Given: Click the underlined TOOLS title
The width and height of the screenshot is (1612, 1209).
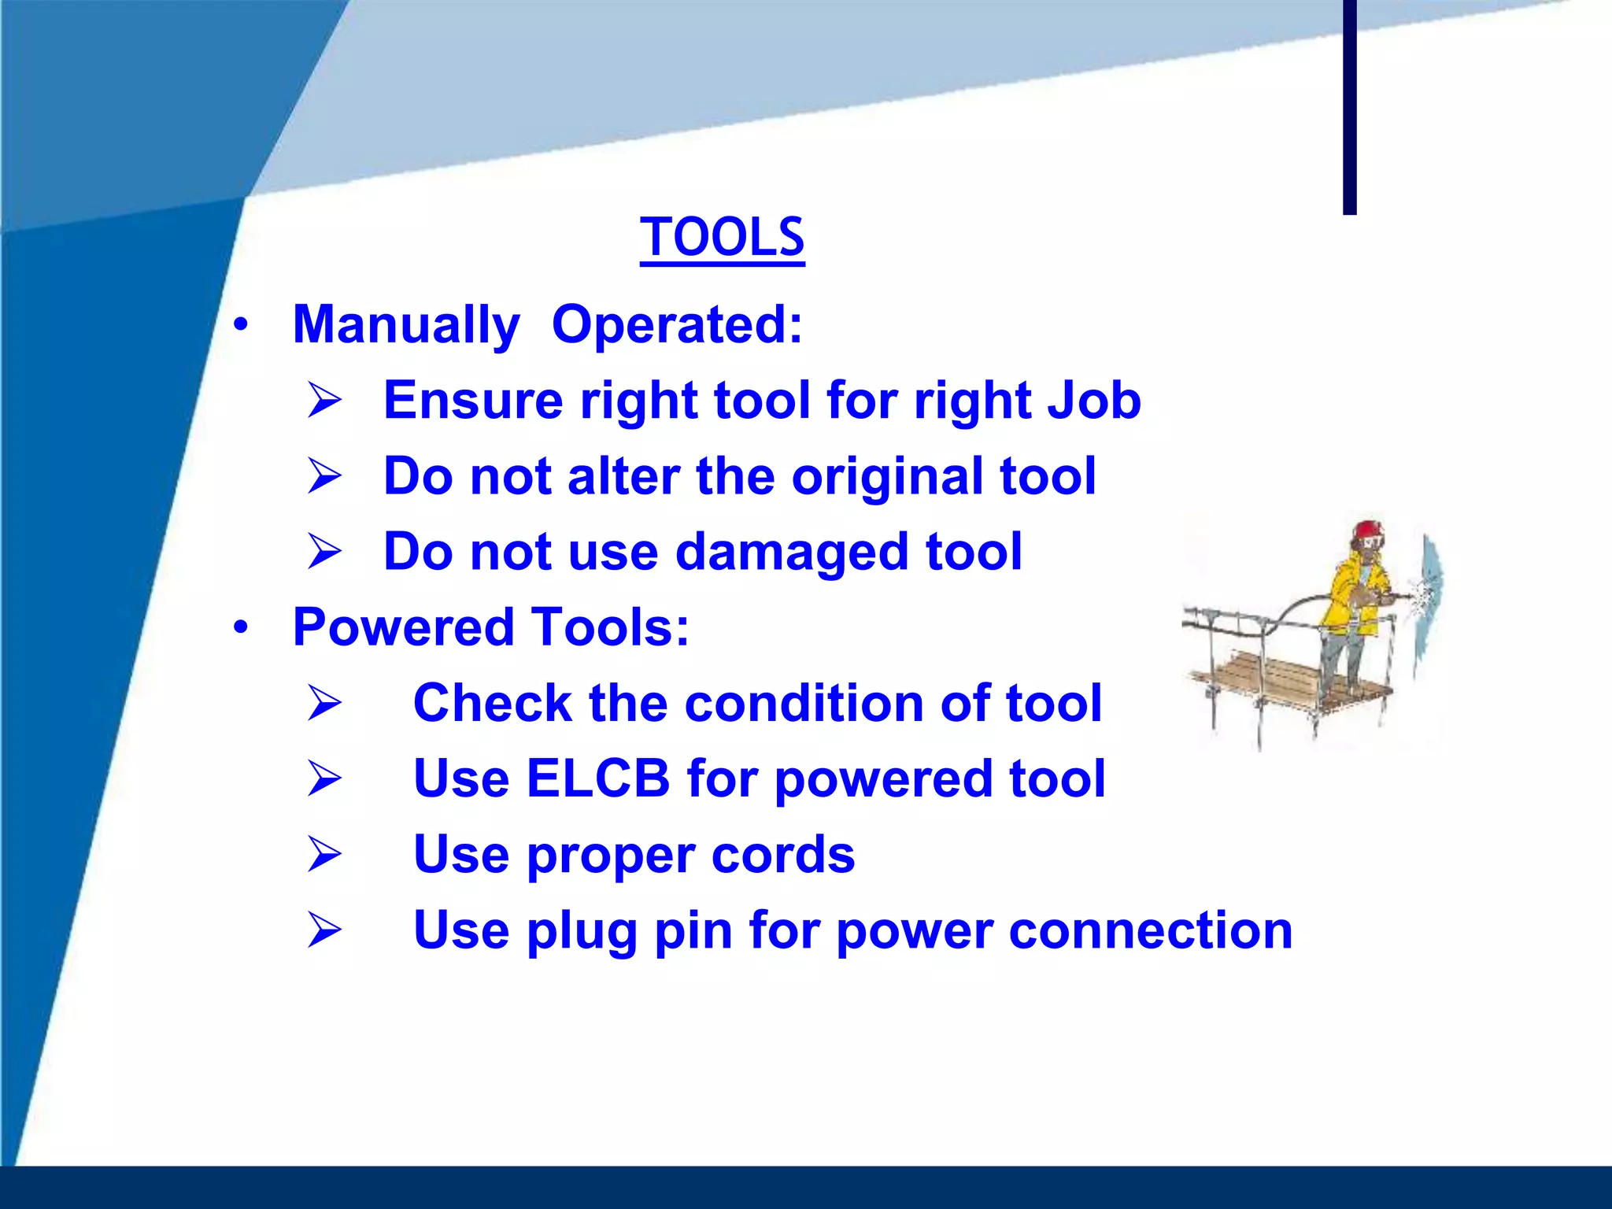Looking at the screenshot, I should tap(722, 237).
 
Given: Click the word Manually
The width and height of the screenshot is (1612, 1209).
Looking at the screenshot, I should tap(406, 324).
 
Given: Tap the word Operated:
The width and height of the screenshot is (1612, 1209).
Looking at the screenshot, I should tap(677, 324).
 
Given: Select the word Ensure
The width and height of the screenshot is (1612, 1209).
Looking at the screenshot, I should tap(472, 400).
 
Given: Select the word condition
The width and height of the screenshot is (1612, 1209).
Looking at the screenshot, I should tap(804, 702).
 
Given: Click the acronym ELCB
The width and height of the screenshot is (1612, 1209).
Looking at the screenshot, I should tap(597, 778).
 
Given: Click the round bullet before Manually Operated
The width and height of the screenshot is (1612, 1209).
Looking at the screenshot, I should tap(241, 324).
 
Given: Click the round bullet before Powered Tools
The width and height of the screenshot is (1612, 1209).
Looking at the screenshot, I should tap(241, 627).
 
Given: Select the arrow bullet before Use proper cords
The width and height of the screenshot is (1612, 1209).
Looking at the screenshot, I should tap(324, 854).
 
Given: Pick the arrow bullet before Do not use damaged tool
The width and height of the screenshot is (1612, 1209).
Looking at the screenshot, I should tap(324, 551).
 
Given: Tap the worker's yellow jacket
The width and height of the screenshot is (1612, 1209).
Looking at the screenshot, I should tap(1352, 598).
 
